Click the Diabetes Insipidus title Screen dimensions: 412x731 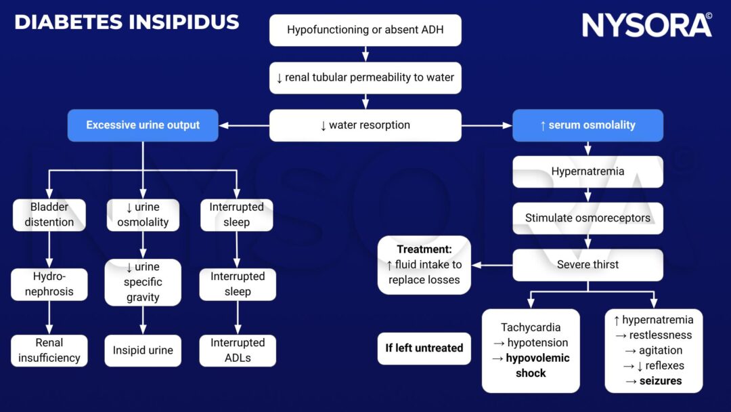coord(127,22)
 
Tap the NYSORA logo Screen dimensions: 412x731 coord(646,25)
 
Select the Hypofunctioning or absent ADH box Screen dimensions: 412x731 coord(365,30)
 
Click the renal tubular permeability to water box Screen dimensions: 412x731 coord(365,78)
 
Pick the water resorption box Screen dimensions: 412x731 coord(365,125)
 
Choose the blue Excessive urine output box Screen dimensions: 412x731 coord(143,125)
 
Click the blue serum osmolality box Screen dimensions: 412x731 coord(588,125)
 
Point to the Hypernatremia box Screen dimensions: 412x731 coord(588,171)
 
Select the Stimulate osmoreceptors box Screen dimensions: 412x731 coord(588,218)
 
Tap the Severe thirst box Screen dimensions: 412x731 coord(588,264)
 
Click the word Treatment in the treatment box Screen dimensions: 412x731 coord(424,249)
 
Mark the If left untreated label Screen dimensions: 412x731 coord(424,348)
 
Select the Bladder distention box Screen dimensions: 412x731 coord(49,215)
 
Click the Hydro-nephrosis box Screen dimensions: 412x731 coord(49,284)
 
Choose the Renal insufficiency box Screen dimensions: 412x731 coord(49,350)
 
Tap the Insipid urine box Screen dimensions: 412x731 coord(143,350)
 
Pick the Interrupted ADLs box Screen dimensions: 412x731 coord(238,350)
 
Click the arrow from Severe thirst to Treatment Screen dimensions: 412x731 coord(491,265)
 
